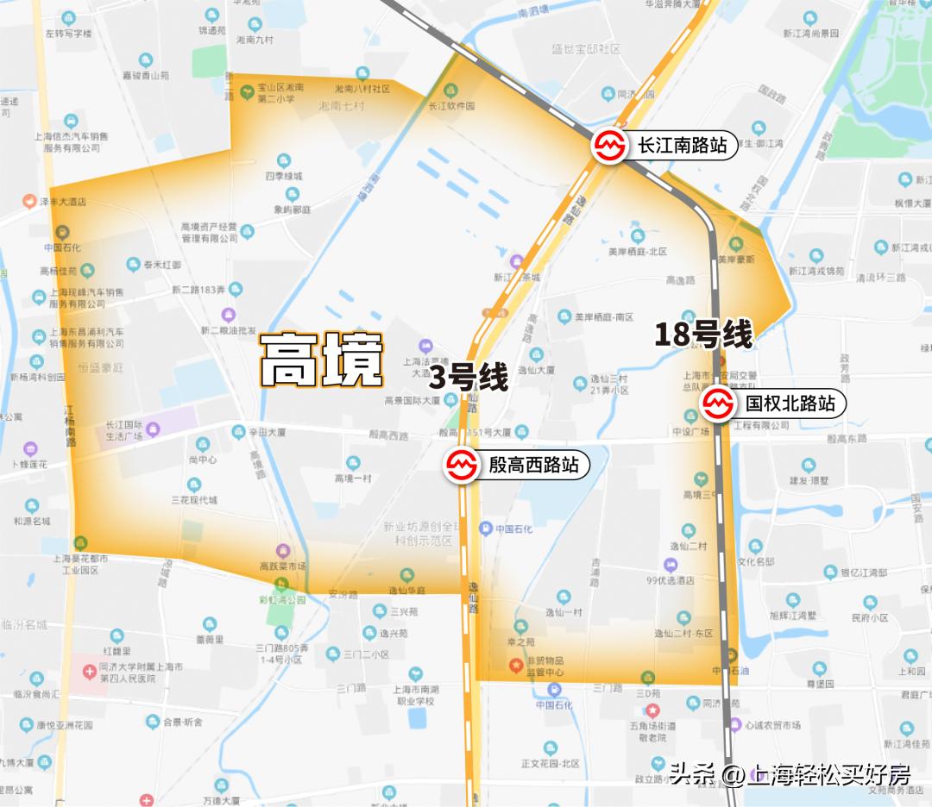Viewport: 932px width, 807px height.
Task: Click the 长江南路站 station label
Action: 682,146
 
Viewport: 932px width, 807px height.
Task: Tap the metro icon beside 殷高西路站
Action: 462,466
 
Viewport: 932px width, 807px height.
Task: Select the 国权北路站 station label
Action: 790,403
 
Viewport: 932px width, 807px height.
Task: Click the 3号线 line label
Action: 469,378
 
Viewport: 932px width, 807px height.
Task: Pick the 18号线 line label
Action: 703,335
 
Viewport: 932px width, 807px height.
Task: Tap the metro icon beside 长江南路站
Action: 610,146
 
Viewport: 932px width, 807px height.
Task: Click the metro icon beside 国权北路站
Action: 718,403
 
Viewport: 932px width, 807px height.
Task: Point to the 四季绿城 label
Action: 283,176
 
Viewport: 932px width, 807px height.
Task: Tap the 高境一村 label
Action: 352,479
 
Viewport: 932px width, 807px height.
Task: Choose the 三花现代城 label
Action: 194,499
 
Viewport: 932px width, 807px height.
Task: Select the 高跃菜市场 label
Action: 283,566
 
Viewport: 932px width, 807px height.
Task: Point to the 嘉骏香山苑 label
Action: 145,76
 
